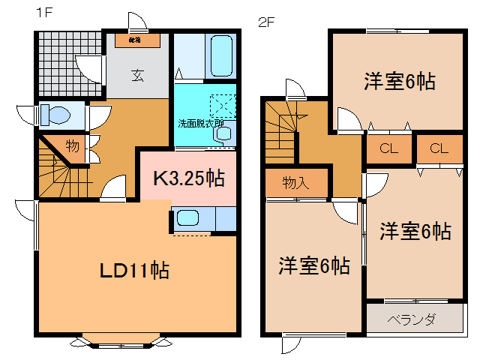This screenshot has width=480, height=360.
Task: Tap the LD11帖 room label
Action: click(135, 269)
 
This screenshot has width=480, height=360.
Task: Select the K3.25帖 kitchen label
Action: click(188, 178)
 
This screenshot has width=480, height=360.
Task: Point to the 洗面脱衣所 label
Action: click(200, 122)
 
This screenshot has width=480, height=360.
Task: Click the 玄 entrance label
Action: click(139, 74)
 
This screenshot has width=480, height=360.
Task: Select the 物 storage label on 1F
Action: click(72, 147)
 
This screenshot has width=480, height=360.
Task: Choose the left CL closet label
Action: click(388, 148)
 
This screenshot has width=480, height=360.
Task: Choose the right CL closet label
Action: click(439, 148)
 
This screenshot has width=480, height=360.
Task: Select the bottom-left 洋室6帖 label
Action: click(314, 265)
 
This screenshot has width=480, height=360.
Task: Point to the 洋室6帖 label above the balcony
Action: click(415, 231)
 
